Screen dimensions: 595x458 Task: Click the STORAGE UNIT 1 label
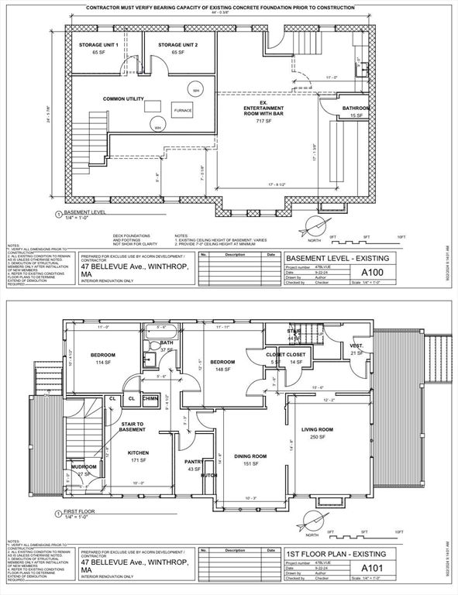pos(98,46)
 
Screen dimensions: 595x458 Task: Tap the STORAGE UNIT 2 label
pos(179,46)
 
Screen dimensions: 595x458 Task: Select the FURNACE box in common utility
pos(183,111)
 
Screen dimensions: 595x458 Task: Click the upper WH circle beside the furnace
pos(196,89)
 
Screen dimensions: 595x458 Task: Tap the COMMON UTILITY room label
pos(125,99)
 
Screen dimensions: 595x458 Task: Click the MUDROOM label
pos(84,467)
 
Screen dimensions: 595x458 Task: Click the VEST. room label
pos(356,346)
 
